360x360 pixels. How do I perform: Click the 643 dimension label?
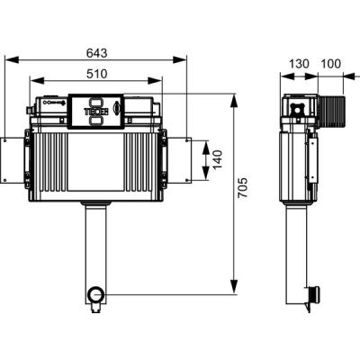pyautogui.click(x=96, y=53)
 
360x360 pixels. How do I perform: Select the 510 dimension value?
pyautogui.click(x=96, y=74)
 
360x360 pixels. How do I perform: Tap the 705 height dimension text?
pyautogui.click(x=243, y=187)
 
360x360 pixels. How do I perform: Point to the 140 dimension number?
pyautogui.click(x=218, y=159)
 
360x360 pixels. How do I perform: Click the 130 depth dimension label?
pyautogui.click(x=299, y=64)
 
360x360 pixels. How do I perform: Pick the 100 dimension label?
pyautogui.click(x=331, y=64)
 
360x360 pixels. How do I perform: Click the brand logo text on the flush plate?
pyautogui.click(x=96, y=112)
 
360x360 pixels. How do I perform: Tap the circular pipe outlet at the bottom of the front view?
pyautogui.click(x=96, y=295)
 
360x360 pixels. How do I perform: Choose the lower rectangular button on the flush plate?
pyautogui.click(x=96, y=121)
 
